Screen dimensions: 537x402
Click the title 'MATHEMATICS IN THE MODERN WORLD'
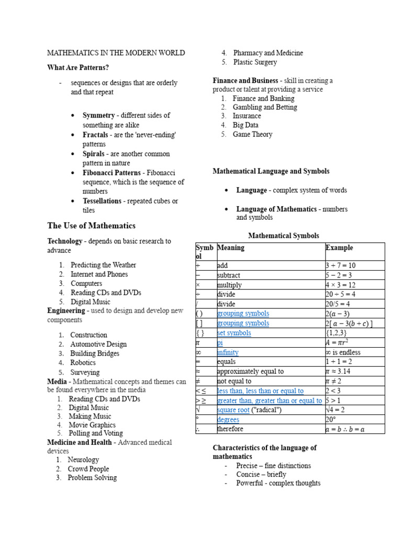point(116,53)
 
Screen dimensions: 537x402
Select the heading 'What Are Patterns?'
point(78,68)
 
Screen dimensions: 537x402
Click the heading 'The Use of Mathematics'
point(91,225)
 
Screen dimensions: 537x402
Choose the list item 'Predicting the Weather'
point(103,265)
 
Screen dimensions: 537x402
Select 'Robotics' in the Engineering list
point(83,362)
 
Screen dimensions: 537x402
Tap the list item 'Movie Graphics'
point(92,425)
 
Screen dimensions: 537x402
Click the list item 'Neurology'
point(83,460)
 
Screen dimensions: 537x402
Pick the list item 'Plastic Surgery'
point(255,62)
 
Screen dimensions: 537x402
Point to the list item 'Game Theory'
point(252,134)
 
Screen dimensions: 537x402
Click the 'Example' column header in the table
point(339,248)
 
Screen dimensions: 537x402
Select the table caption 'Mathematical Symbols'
point(283,235)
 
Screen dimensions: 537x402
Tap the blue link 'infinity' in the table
point(228,352)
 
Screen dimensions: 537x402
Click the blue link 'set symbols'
point(234,333)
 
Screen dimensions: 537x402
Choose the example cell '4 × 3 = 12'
point(341,285)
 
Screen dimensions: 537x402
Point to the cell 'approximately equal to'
point(250,371)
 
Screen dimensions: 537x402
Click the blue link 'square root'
point(233,410)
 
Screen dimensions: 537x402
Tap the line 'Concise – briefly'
point(261,474)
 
